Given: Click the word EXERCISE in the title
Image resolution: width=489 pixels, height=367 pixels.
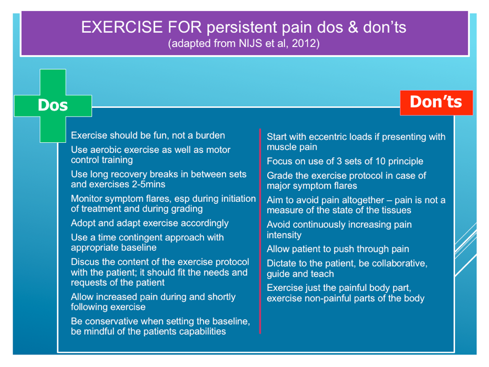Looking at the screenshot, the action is [x=122, y=27].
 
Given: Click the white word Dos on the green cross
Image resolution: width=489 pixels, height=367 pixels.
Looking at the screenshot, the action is [x=53, y=105].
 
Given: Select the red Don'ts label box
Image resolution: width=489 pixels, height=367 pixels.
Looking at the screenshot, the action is [x=436, y=103].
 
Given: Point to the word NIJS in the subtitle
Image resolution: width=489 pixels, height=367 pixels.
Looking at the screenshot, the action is [x=250, y=43].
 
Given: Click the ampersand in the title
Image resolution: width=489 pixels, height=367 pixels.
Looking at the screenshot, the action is [x=353, y=27].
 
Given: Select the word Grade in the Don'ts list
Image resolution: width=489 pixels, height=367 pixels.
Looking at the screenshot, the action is [x=280, y=176].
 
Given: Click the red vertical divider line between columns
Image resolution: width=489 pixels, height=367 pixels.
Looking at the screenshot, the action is [x=260, y=231].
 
